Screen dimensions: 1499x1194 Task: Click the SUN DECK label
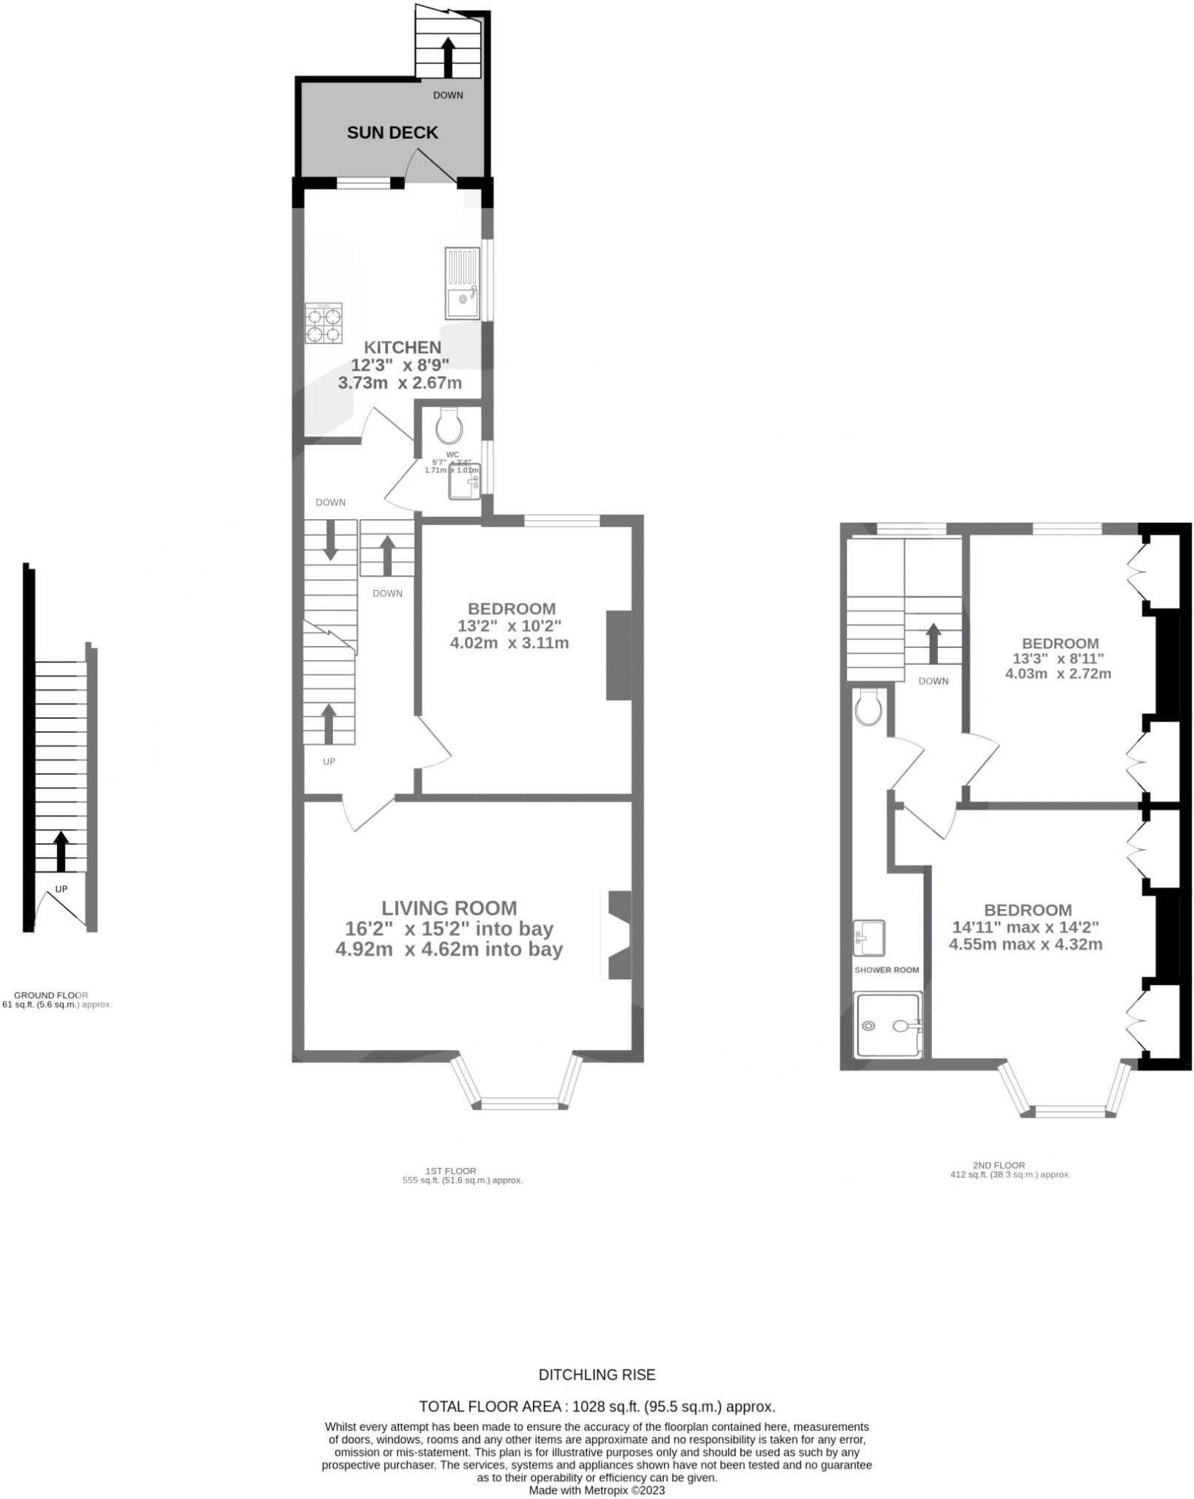click(392, 133)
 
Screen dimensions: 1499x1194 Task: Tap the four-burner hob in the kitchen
click(323, 323)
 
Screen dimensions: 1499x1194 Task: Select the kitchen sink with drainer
click(463, 283)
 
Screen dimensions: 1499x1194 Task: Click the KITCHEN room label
click(402, 347)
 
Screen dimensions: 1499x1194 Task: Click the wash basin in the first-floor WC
click(465, 481)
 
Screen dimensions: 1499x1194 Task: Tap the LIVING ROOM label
click(449, 908)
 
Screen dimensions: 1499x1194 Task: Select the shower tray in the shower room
click(888, 1025)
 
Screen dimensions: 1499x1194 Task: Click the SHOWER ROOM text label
click(886, 970)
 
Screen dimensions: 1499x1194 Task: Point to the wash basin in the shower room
click(869, 938)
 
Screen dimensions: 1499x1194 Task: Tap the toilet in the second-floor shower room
click(868, 707)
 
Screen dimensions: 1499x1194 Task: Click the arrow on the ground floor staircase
click(61, 851)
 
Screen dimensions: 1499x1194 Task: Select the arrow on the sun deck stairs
click(448, 57)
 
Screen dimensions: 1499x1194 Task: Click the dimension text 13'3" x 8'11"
click(1058, 658)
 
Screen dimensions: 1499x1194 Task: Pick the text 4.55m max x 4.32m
click(1025, 945)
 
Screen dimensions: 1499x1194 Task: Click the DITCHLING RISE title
click(597, 1375)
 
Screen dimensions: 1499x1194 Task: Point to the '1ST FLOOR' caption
click(451, 1170)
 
